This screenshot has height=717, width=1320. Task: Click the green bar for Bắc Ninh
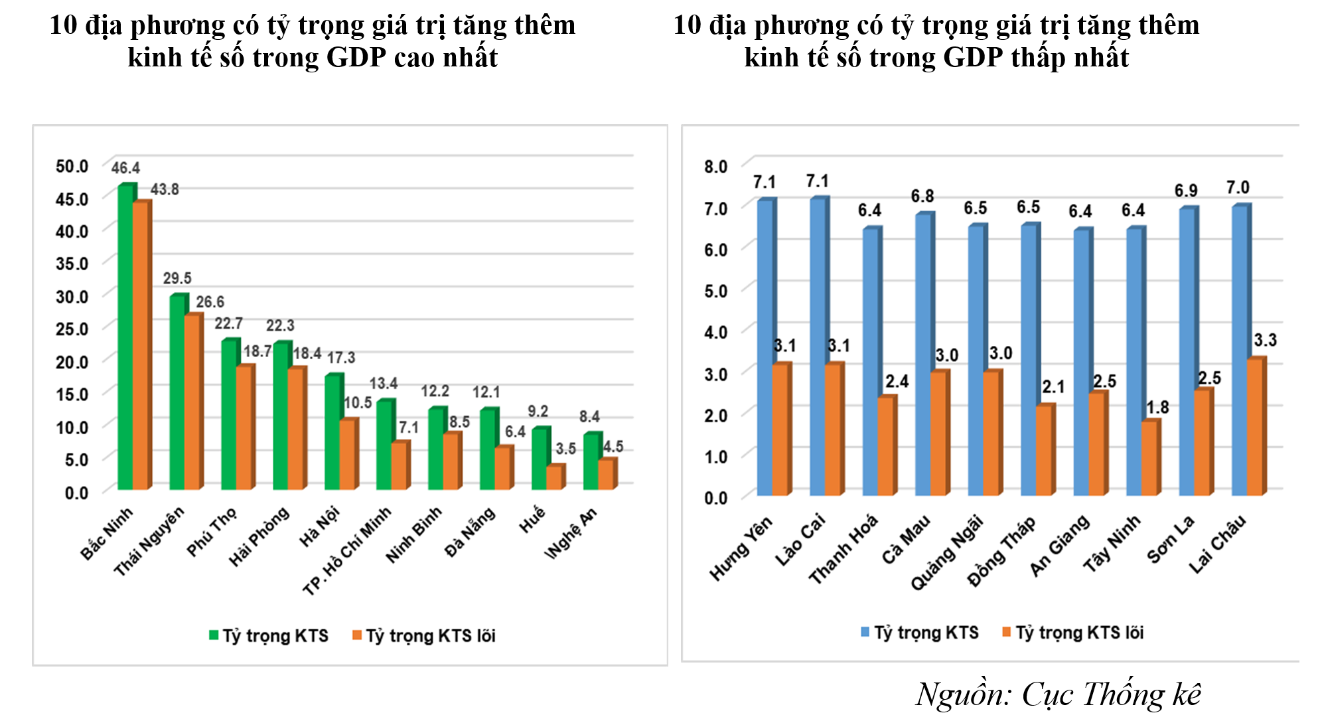pyautogui.click(x=125, y=339)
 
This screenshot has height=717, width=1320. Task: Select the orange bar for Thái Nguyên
pyautogui.click(x=192, y=402)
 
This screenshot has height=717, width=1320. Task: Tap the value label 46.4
pyautogui.click(x=125, y=168)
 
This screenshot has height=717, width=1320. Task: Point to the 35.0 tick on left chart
pyautogui.click(x=72, y=264)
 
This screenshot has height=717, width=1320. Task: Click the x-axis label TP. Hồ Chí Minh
pyautogui.click(x=347, y=551)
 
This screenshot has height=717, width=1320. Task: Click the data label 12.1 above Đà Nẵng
pyautogui.click(x=486, y=392)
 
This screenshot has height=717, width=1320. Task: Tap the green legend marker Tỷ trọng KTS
pyautogui.click(x=214, y=635)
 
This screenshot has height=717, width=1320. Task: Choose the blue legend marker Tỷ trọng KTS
pyautogui.click(x=865, y=632)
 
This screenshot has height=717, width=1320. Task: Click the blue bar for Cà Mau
pyautogui.click(x=923, y=355)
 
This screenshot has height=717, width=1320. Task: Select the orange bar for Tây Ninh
pyautogui.click(x=1149, y=459)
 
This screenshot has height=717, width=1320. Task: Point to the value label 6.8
pyautogui.click(x=922, y=197)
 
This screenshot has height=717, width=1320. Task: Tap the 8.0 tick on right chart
pyautogui.click(x=716, y=166)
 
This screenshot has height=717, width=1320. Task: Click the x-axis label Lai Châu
pyautogui.click(x=1218, y=544)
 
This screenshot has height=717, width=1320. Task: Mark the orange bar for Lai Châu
pyautogui.click(x=1254, y=428)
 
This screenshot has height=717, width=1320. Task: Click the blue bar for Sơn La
pyautogui.click(x=1187, y=352)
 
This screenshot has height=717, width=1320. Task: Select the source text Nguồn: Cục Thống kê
pyautogui.click(x=1058, y=695)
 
